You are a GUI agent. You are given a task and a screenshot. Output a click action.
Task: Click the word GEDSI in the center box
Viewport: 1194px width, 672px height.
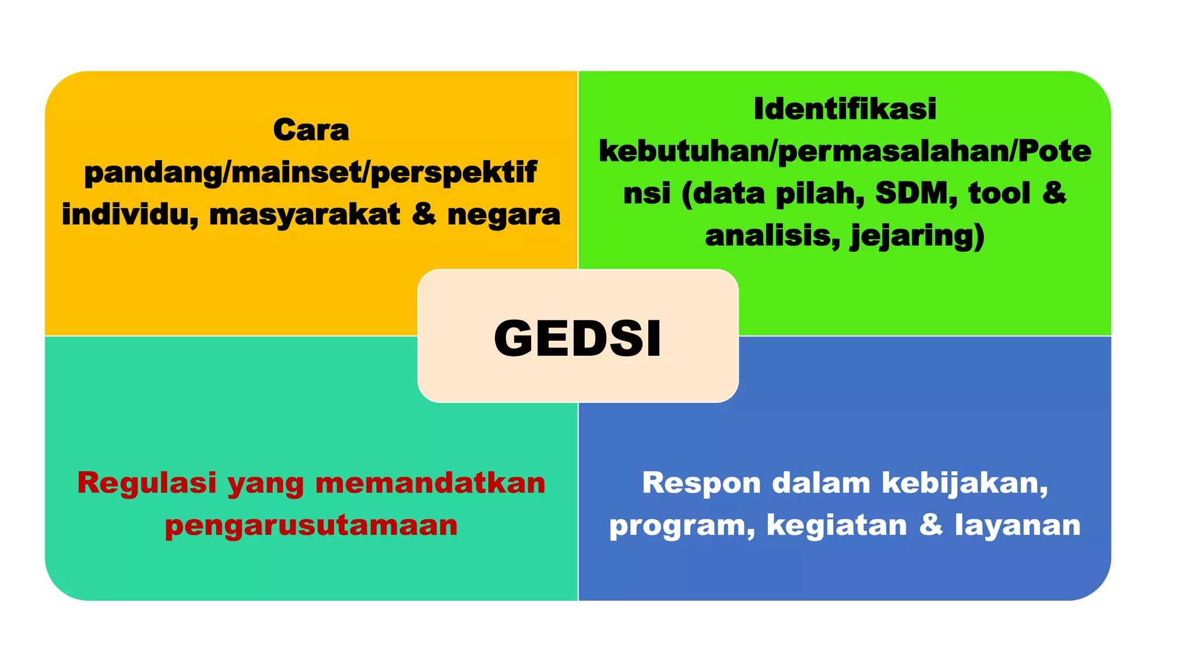pyautogui.click(x=578, y=338)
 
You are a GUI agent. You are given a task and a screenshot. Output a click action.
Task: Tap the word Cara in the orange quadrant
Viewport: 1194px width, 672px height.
pyautogui.click(x=311, y=129)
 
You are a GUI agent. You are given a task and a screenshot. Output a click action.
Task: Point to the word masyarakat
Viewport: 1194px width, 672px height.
pyautogui.click(x=304, y=214)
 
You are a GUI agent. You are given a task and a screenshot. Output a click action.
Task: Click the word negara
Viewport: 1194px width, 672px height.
pyautogui.click(x=504, y=214)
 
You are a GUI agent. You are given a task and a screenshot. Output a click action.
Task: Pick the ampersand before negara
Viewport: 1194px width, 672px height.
pyautogui.click(x=423, y=214)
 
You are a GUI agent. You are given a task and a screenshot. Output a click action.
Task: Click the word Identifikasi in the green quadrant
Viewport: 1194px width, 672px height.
pyautogui.click(x=845, y=109)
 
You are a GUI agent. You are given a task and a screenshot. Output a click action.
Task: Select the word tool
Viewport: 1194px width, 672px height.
pyautogui.click(x=999, y=194)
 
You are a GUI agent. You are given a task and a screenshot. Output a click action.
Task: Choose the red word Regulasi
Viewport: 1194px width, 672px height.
pyautogui.click(x=147, y=483)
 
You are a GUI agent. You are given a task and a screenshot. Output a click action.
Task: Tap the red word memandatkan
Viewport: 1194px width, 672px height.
pyautogui.click(x=430, y=483)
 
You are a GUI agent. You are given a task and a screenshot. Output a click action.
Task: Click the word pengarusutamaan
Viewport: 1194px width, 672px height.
pyautogui.click(x=311, y=525)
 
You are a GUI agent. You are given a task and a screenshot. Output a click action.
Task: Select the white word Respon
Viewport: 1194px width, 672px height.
pyautogui.click(x=701, y=483)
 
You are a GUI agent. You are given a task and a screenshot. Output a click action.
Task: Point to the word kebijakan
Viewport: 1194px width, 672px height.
pyautogui.click(x=964, y=483)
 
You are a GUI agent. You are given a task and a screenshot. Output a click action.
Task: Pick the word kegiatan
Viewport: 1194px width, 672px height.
pyautogui.click(x=837, y=525)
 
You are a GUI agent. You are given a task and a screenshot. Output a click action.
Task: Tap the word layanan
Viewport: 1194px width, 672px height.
pyautogui.click(x=1017, y=525)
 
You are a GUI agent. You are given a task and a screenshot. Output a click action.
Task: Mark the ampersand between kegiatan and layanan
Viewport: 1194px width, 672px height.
pyautogui.click(x=931, y=525)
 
